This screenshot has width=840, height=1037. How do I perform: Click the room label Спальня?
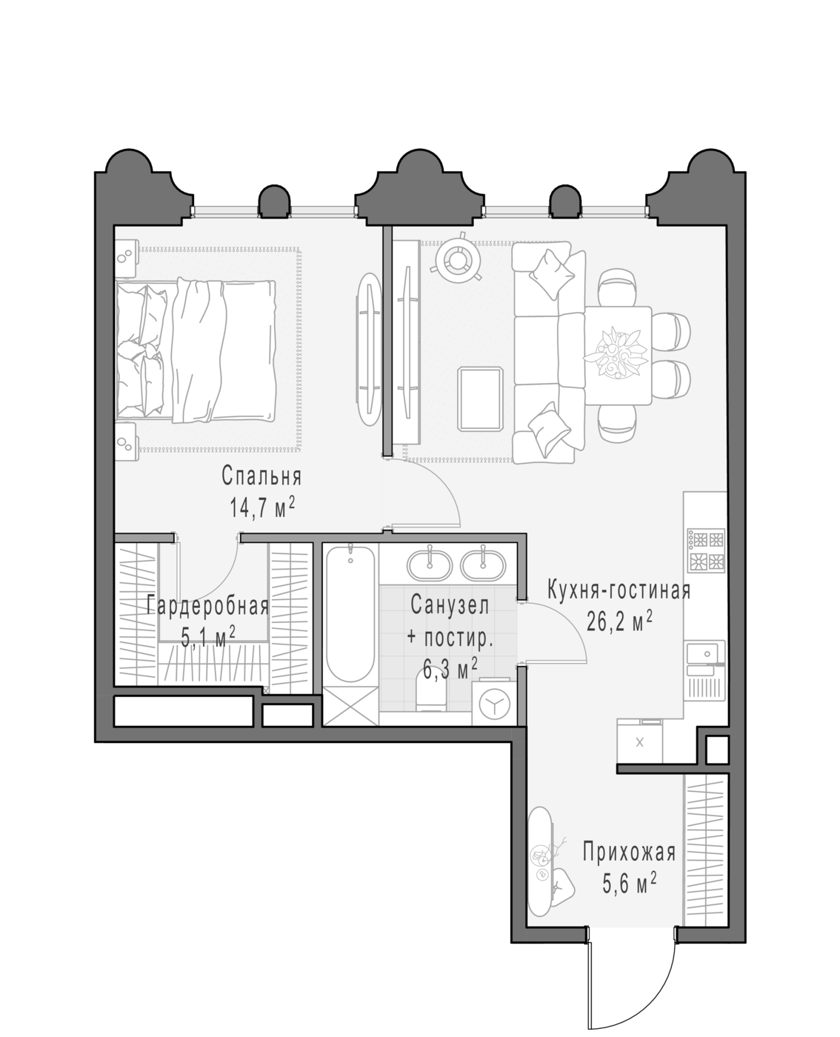[x=261, y=476]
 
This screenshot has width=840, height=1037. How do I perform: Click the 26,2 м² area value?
[x=619, y=621]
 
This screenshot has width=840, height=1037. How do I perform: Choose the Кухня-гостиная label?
[x=619, y=590]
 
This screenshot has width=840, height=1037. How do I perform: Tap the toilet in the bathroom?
[x=431, y=689]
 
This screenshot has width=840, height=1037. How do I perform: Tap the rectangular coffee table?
[x=480, y=399]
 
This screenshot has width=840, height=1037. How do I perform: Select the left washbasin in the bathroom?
[x=430, y=564]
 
